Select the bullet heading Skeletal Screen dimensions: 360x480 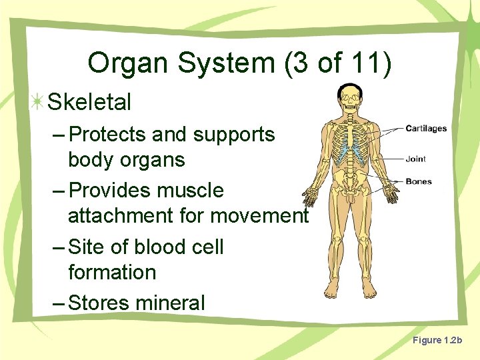point(89,102)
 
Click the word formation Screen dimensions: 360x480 point(112,273)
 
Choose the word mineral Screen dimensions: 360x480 point(170,303)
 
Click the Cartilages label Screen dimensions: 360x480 point(426,129)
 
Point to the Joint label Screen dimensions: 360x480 point(415,159)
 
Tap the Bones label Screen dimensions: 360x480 point(418,181)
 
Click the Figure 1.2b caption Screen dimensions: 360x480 point(437,341)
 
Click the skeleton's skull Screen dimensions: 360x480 point(349,97)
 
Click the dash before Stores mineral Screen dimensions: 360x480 point(58,303)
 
